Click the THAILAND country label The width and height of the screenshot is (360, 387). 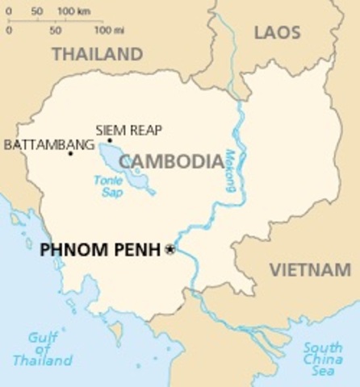(97, 54)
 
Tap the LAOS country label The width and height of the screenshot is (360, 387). (277, 32)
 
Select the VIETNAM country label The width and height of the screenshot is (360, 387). (310, 270)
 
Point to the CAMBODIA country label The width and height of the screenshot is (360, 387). (171, 161)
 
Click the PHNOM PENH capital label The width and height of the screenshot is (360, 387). (100, 250)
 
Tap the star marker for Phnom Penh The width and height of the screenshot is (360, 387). (170, 250)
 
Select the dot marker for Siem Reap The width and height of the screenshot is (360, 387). (110, 140)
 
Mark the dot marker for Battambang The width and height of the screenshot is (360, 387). (70, 153)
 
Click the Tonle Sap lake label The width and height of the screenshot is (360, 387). (107, 187)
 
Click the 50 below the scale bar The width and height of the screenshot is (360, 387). (55, 31)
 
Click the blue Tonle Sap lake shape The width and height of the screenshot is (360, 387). (129, 168)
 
